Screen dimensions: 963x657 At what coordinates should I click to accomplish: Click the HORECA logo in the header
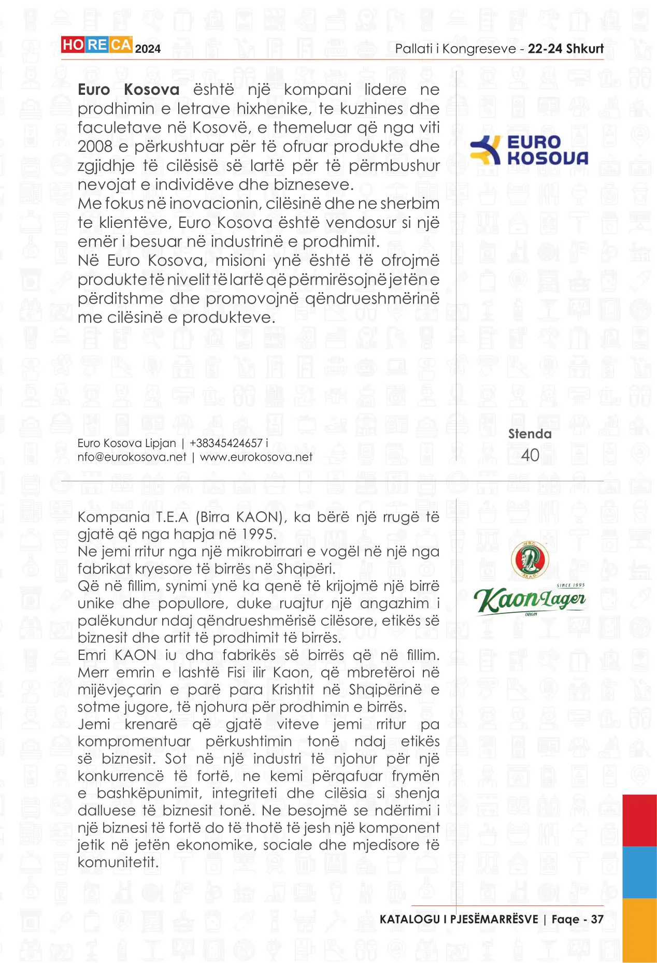pyautogui.click(x=97, y=45)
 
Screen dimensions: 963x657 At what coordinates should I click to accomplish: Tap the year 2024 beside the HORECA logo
pyautogui.click(x=148, y=49)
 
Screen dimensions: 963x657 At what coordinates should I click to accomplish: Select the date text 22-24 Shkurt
pyautogui.click(x=566, y=49)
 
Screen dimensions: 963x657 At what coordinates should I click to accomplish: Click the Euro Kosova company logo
pyautogui.click(x=529, y=150)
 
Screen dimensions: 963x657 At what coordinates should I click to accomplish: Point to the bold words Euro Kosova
pyautogui.click(x=128, y=90)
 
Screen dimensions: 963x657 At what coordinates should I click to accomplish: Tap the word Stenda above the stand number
pyautogui.click(x=530, y=434)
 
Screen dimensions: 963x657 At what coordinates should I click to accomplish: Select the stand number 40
pyautogui.click(x=530, y=455)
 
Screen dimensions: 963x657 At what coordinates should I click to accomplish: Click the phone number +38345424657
pyautogui.click(x=226, y=443)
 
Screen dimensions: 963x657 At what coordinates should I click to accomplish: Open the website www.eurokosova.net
pyautogui.click(x=256, y=457)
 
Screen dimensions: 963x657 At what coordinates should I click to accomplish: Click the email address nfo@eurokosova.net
pyautogui.click(x=132, y=457)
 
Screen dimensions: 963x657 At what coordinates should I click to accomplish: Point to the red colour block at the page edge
pyautogui.click(x=639, y=820)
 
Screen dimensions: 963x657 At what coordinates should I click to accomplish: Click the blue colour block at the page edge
pyautogui.click(x=639, y=872)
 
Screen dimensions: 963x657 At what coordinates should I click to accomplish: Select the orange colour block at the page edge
pyautogui.click(x=639, y=930)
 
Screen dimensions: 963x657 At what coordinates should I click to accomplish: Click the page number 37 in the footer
pyautogui.click(x=597, y=919)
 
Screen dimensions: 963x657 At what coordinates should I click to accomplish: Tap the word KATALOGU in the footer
pyautogui.click(x=410, y=919)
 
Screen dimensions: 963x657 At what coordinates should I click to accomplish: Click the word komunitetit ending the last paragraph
pyautogui.click(x=118, y=863)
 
